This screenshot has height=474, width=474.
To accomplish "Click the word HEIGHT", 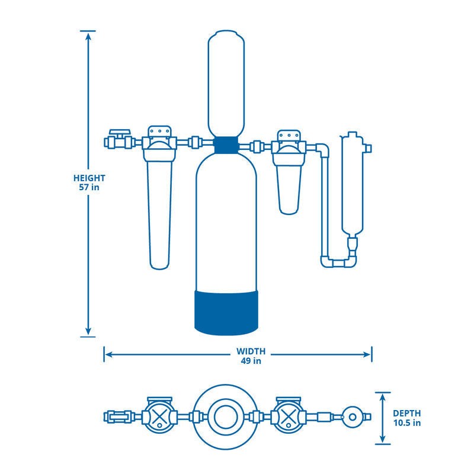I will tap(89, 178).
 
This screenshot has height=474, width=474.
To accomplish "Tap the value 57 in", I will tap(89, 188).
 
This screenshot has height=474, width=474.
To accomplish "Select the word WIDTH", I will tap(252, 351).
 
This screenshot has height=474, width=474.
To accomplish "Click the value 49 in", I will tap(252, 360).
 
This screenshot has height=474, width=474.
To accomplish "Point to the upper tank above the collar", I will tap(226, 83).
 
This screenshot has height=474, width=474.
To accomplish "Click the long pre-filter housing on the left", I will tap(159, 213).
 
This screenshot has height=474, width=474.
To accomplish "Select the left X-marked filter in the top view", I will tap(159, 417).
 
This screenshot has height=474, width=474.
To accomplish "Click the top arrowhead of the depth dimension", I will tap(383, 396).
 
